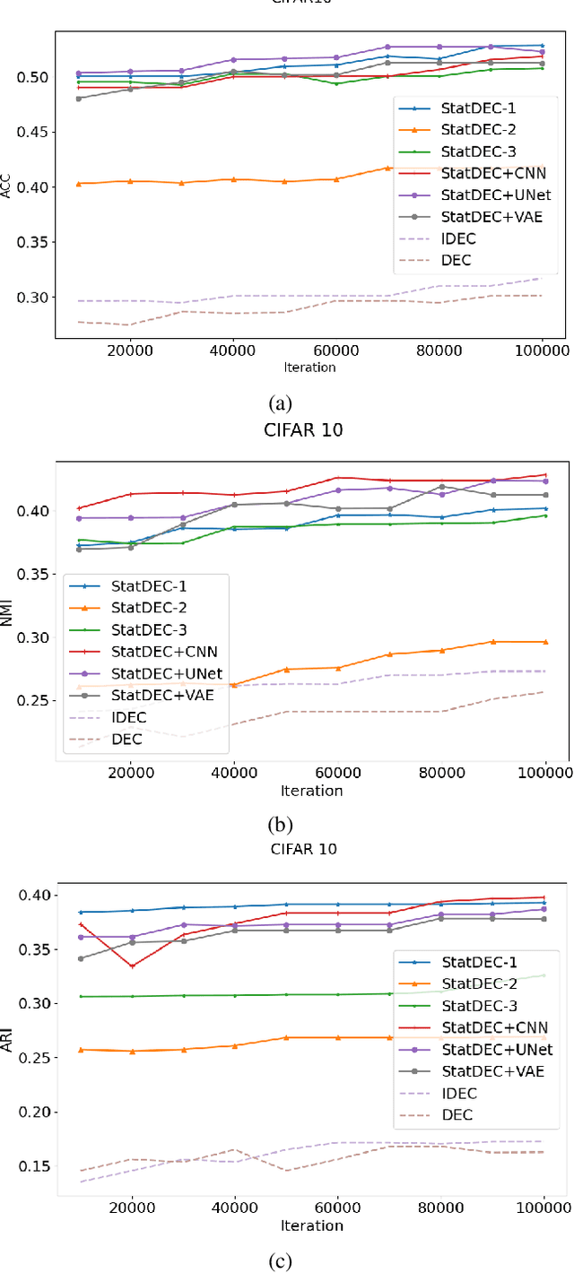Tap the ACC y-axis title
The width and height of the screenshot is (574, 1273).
click(x=6, y=186)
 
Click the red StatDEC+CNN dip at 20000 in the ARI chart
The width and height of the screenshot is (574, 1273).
click(x=132, y=966)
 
